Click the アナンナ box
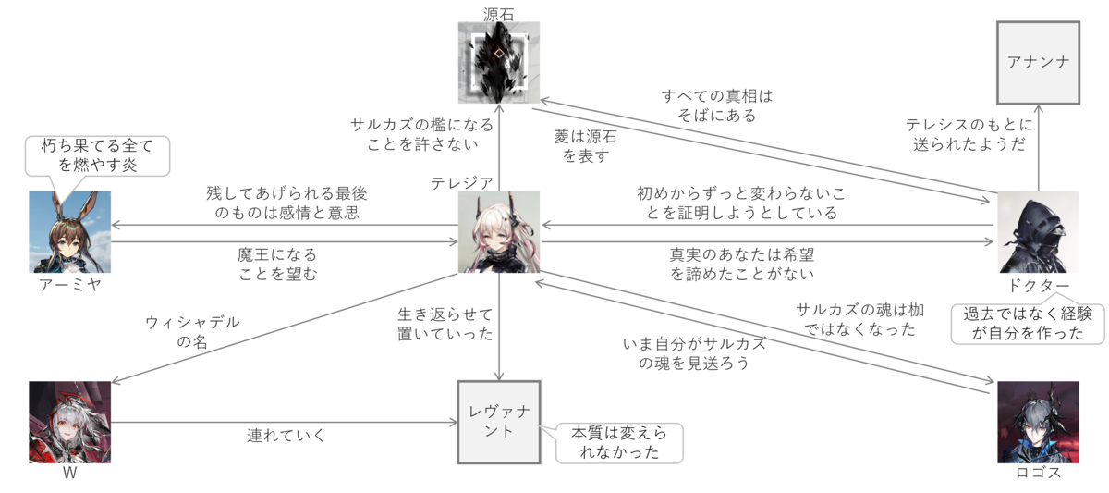pyautogui.click(x=1039, y=63)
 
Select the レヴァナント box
pyautogui.click(x=499, y=424)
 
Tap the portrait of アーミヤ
pyautogui.click(x=69, y=232)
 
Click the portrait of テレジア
pyautogui.click(x=499, y=232)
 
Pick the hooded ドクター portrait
pyautogui.click(x=1039, y=232)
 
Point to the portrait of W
pyautogui.click(x=69, y=422)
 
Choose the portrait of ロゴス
pyautogui.click(x=1039, y=422)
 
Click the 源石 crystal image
pyautogui.click(x=499, y=63)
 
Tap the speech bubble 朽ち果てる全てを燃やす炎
pyautogui.click(x=98, y=155)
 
